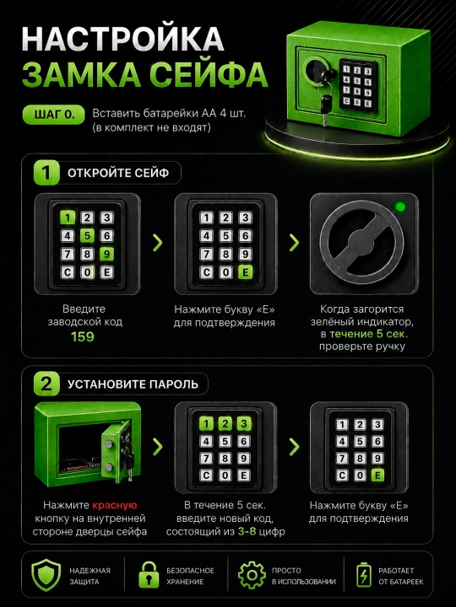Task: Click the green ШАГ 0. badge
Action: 53,115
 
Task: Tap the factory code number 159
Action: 83,336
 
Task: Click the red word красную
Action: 115,505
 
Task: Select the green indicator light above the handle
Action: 400,207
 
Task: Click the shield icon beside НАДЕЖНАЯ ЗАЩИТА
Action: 46,574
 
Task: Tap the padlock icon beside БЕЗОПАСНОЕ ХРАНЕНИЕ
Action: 149,575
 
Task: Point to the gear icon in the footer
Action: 252,575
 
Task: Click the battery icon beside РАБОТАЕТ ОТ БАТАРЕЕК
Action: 364,575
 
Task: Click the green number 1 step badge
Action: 46,173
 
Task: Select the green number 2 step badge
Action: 46,384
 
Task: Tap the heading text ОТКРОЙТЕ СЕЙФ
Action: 118,173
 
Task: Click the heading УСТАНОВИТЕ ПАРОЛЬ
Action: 133,384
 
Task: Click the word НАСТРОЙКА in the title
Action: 122,39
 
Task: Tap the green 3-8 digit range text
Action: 247,531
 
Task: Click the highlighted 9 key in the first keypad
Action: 106,254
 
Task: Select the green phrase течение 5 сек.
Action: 369,334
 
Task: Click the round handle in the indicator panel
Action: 361,244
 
